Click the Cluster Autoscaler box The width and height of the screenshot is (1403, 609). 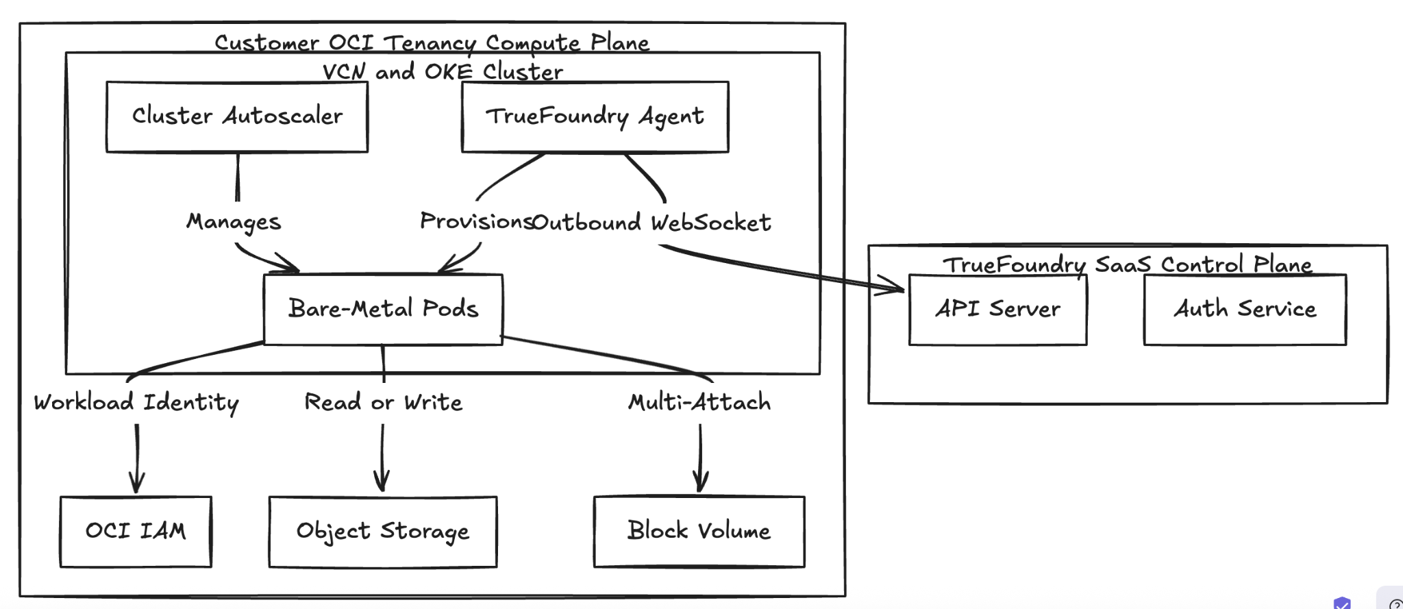(x=237, y=116)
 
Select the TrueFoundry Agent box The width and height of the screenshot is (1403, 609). (x=595, y=116)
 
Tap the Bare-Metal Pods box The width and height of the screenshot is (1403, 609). (x=383, y=309)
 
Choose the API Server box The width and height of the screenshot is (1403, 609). (x=997, y=310)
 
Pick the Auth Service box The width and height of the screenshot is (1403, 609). (x=1245, y=310)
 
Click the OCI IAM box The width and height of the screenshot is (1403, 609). (x=136, y=532)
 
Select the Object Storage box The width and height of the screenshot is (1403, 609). (x=383, y=532)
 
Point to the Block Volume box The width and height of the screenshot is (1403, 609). (x=699, y=532)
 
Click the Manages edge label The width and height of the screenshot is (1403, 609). (x=234, y=222)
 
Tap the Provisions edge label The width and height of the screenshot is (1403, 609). (x=475, y=221)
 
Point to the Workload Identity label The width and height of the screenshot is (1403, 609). (x=136, y=403)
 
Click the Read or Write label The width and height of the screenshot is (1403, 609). (x=383, y=402)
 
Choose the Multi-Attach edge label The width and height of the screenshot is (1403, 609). (x=699, y=402)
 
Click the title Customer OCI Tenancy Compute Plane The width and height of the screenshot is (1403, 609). (x=432, y=43)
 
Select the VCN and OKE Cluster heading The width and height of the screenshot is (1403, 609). (x=443, y=72)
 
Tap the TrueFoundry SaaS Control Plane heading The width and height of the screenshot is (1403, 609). (x=1127, y=264)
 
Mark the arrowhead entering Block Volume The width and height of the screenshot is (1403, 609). (x=700, y=484)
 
